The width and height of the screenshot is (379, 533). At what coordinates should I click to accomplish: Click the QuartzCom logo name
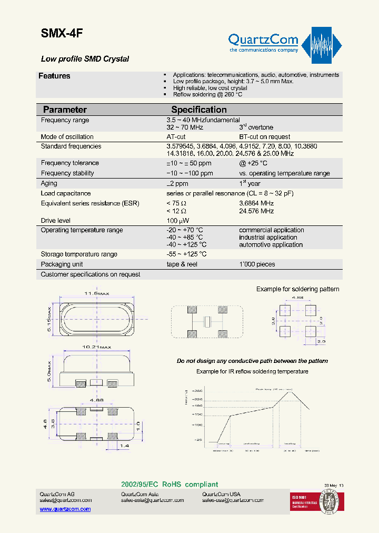(263, 40)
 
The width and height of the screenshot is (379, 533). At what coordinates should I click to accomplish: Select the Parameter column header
(65, 110)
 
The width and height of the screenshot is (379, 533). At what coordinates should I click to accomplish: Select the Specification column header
(199, 110)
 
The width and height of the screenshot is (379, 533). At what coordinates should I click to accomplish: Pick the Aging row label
(49, 183)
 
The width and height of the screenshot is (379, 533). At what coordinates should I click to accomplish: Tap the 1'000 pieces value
(257, 264)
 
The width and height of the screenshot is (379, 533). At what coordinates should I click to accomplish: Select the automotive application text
(271, 245)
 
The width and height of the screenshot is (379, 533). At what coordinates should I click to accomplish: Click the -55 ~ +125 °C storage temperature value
(186, 254)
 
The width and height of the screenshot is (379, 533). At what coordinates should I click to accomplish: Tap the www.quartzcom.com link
(65, 509)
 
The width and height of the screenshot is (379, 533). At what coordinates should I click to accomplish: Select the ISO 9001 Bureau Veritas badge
(314, 502)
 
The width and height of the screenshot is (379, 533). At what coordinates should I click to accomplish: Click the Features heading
(54, 76)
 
